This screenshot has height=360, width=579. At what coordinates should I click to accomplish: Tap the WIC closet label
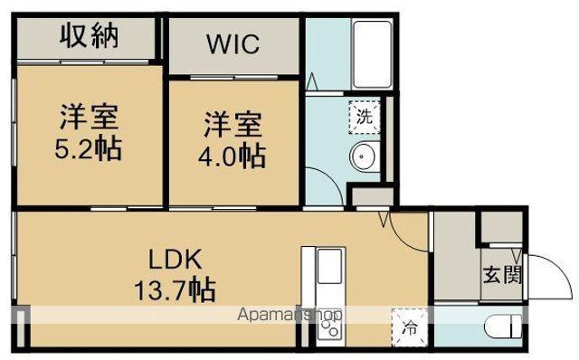[x=233, y=43]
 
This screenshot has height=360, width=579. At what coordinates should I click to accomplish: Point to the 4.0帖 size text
[x=233, y=155]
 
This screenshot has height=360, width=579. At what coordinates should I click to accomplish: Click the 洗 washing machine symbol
[x=363, y=116]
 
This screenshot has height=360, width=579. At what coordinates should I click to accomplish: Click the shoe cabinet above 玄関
[x=501, y=228]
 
